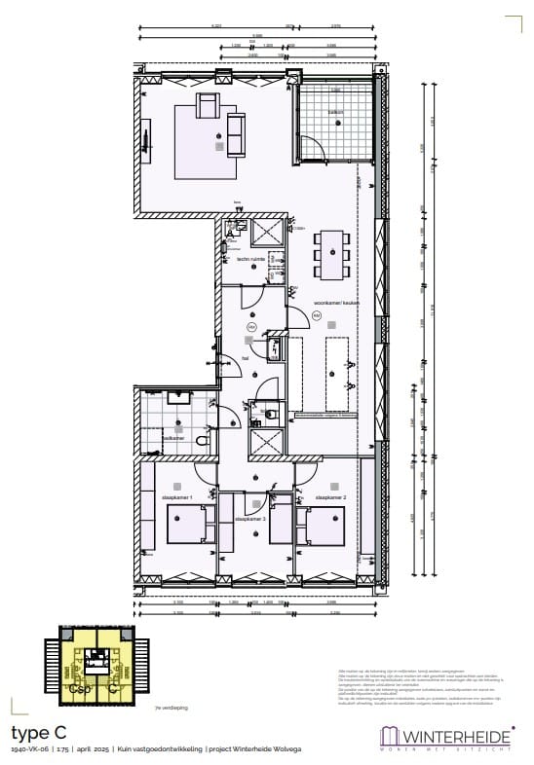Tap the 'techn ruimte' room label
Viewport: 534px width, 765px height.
click(x=251, y=259)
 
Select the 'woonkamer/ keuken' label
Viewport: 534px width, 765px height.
click(x=336, y=303)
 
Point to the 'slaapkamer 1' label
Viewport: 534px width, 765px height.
click(x=177, y=497)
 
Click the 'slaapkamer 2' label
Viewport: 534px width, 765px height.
click(x=331, y=497)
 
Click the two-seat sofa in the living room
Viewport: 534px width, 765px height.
click(x=236, y=127)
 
